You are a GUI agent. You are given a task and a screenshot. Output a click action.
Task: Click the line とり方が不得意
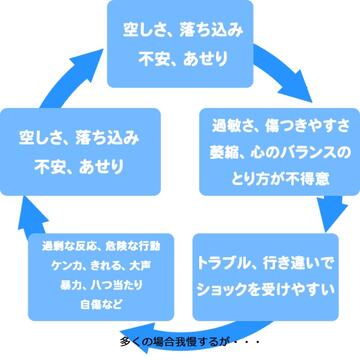coord(281,180)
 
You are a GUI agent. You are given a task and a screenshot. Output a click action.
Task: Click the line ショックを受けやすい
coord(266,290)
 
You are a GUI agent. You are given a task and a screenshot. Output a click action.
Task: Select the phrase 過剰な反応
coord(71,247)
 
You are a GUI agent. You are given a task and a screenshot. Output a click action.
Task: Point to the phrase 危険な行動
coord(133,247)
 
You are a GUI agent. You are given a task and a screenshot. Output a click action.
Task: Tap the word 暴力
coord(68,285)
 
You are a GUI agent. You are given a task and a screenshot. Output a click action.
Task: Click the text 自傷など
coord(101,305)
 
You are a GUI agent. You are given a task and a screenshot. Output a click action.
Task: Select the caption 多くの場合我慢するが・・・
coord(189,342)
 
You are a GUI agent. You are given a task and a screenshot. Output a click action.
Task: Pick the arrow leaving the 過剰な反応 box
coord(32,218)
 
